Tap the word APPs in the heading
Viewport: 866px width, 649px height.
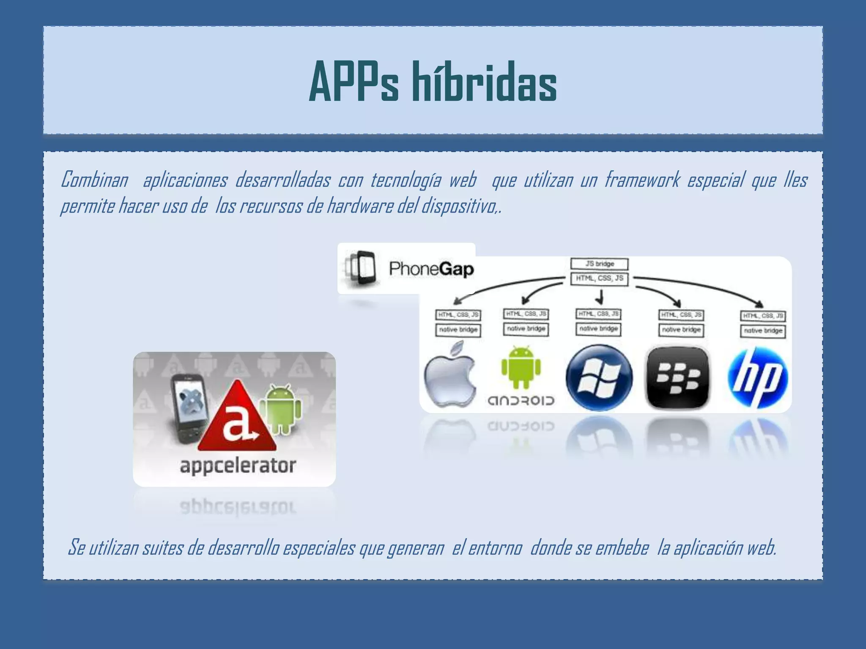354,82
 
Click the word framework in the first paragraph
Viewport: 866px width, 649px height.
642,180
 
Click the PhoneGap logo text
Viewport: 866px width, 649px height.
431,269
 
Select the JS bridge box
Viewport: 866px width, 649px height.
599,264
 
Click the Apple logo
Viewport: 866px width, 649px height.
450,376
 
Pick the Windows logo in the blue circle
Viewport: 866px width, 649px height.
599,377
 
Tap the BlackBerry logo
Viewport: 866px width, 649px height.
678,377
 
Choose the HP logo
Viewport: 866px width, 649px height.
758,377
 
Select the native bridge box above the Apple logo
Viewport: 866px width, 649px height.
458,330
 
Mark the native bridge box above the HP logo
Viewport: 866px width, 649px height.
763,331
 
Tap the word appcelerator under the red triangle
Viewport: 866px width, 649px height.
238,466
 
